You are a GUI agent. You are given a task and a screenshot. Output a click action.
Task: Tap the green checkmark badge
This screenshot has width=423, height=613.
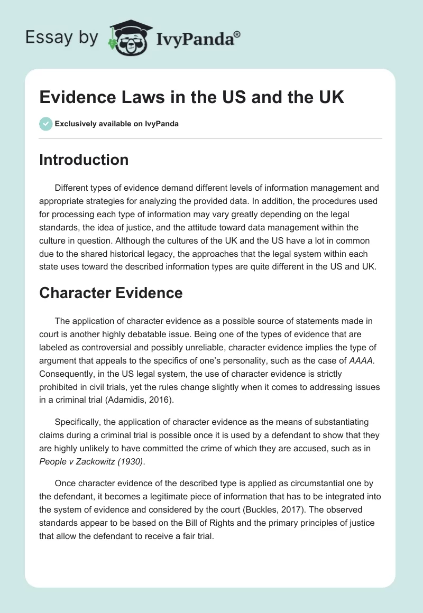(45, 124)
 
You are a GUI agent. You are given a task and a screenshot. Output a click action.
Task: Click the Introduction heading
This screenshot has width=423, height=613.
(84, 160)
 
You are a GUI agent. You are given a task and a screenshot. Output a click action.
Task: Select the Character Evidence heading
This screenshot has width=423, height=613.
(111, 293)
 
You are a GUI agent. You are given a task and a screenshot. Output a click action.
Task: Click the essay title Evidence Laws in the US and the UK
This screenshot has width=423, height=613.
(191, 97)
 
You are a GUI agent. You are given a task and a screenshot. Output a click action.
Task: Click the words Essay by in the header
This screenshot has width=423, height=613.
(62, 38)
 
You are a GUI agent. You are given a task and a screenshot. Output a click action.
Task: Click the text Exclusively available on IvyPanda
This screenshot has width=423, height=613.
(116, 124)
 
